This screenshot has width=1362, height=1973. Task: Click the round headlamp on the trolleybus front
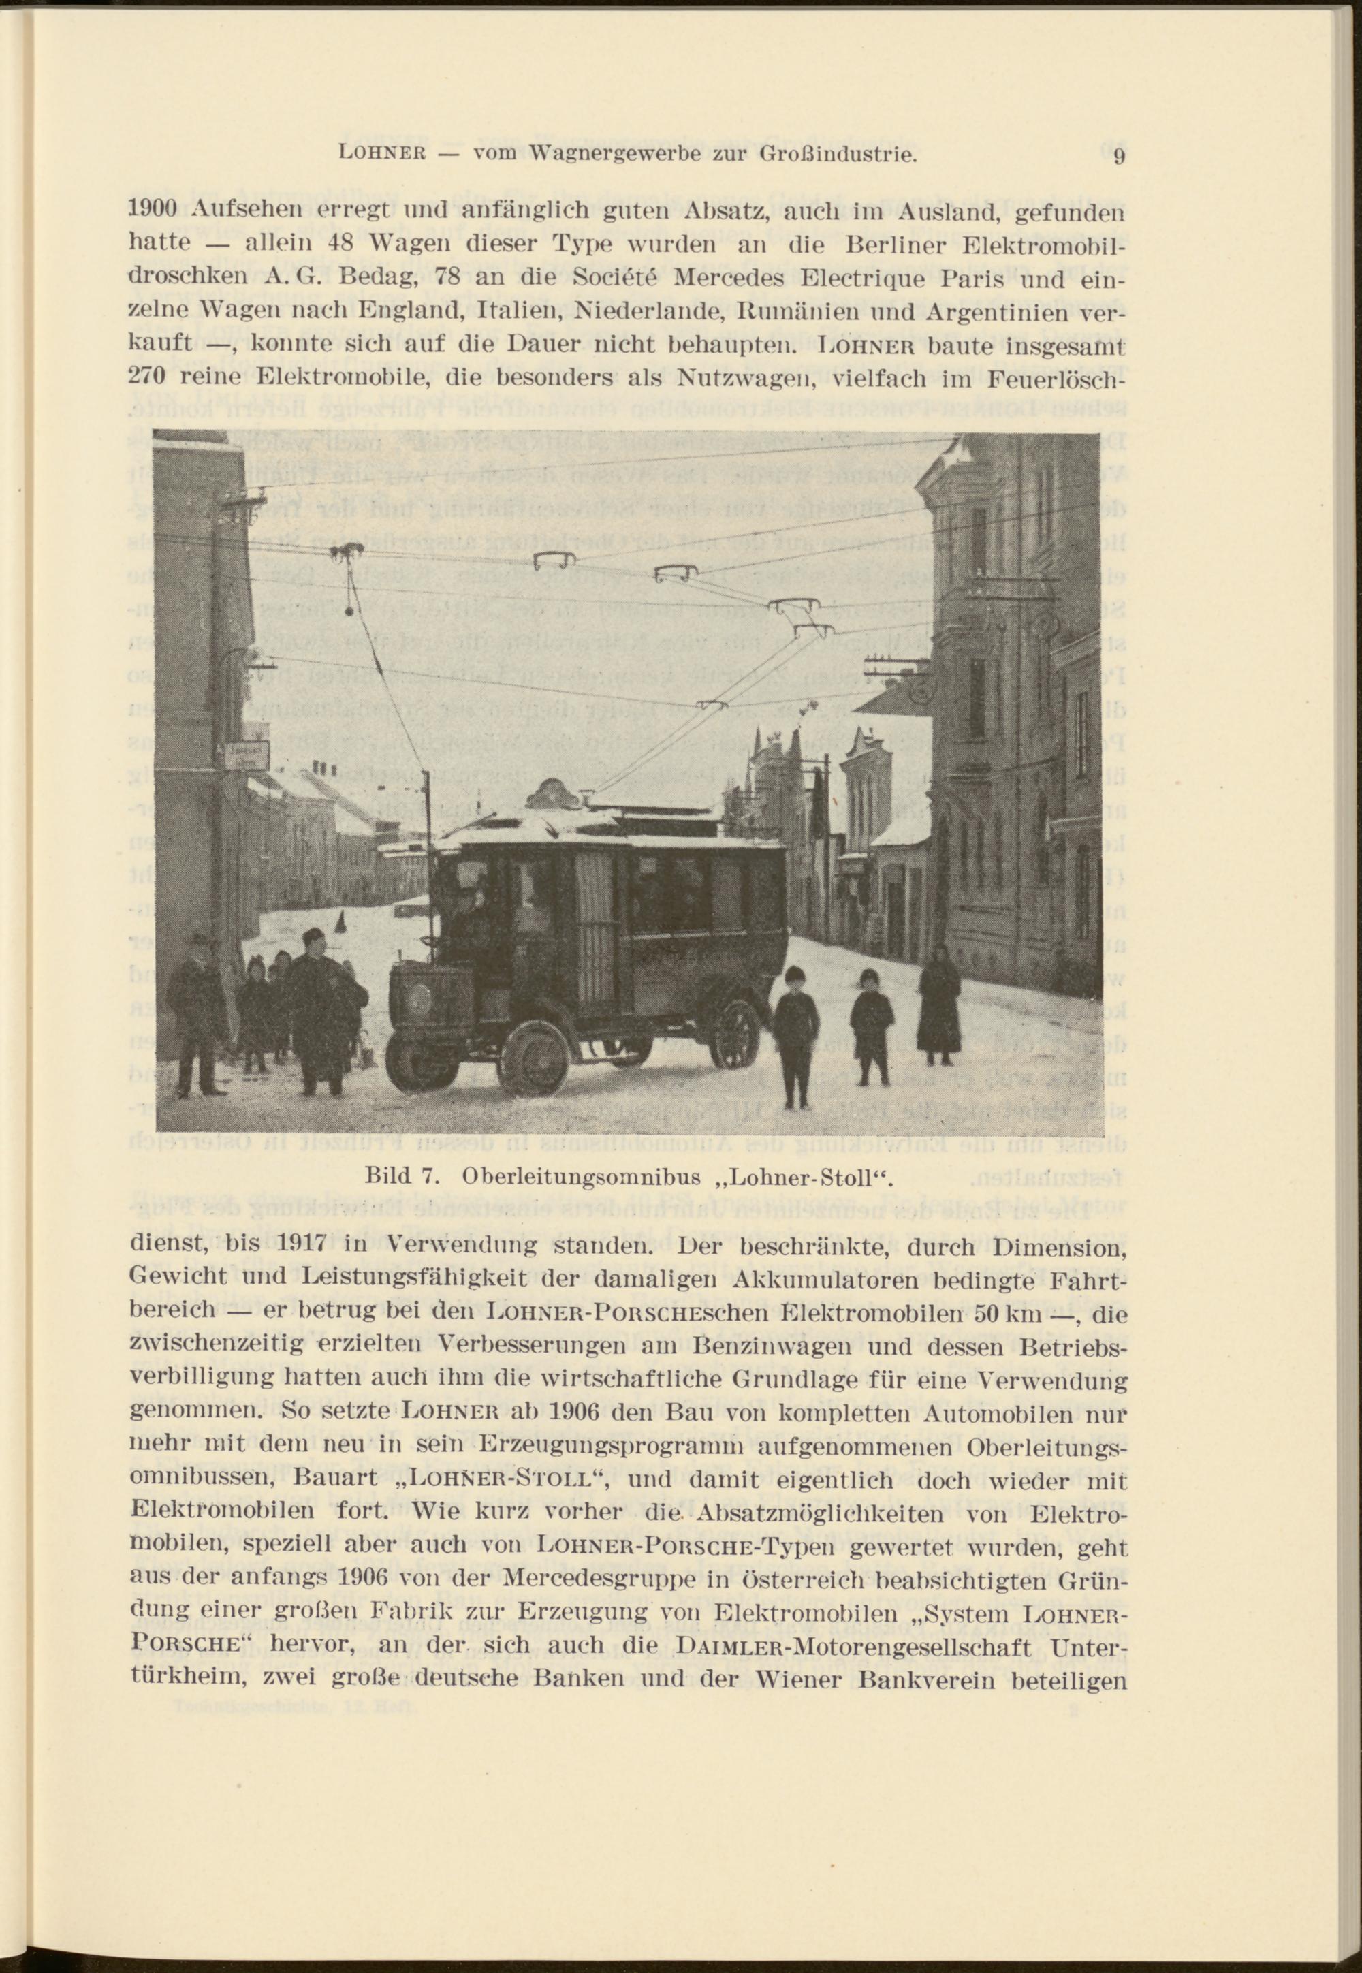point(424,998)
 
